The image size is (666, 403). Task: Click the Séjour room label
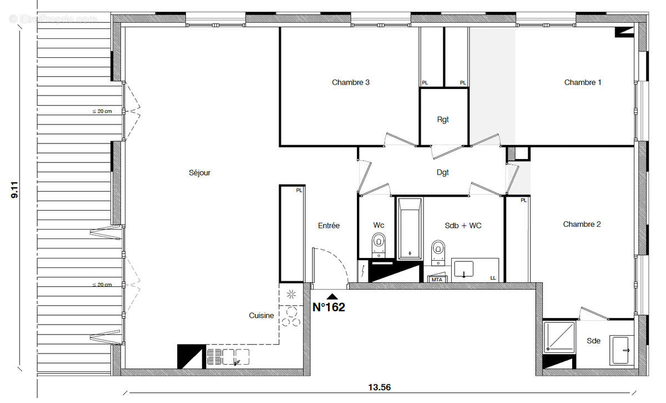[x=200, y=173]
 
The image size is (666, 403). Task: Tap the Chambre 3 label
[x=351, y=82]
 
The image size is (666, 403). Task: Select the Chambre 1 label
[x=583, y=82]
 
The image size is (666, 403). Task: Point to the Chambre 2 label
[x=582, y=225]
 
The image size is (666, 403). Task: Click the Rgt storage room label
[x=442, y=119]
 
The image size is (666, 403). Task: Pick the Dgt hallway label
[x=442, y=173]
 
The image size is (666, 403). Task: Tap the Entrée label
[x=329, y=226]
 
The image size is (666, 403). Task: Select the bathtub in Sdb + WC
[x=410, y=228]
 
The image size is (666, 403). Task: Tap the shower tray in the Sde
[x=558, y=337]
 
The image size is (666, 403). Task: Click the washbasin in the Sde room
[x=621, y=350]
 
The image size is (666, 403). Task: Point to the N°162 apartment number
[x=329, y=307]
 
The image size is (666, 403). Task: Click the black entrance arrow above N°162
[x=332, y=297]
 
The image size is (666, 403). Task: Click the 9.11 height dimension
[x=15, y=188]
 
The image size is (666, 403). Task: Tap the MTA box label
[x=437, y=279]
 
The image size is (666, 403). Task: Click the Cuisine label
[x=261, y=316]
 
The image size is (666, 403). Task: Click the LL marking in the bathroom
[x=493, y=278]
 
